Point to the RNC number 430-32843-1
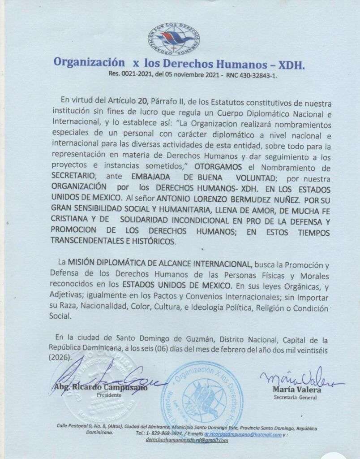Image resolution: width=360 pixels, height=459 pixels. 254,76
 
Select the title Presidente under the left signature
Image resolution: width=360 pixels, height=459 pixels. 109,395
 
